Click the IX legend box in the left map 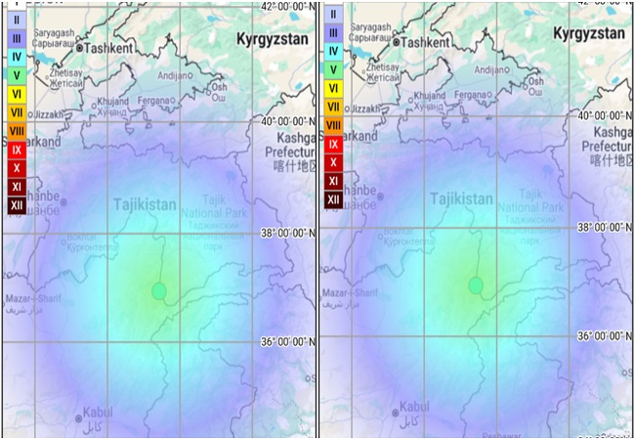click(x=17, y=150)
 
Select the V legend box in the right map click(x=333, y=69)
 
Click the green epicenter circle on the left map click(x=159, y=290)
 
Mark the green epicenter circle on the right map click(x=476, y=285)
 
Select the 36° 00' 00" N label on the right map click(x=598, y=335)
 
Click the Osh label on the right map click(x=533, y=80)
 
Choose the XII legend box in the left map click(x=17, y=205)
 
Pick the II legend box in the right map click(x=333, y=14)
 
